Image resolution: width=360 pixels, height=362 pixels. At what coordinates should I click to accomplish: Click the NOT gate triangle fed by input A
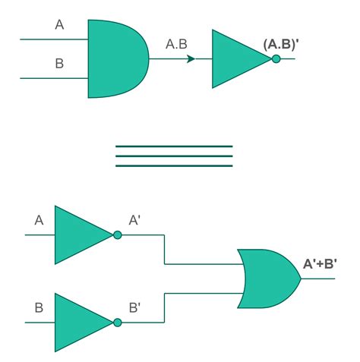click(x=80, y=235)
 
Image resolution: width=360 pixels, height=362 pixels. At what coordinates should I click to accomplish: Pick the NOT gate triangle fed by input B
click(x=80, y=323)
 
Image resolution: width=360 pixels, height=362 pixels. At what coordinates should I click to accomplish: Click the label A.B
click(x=176, y=45)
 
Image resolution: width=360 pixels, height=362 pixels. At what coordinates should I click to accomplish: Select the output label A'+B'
click(x=321, y=264)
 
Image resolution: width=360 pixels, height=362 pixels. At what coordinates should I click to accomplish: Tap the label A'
click(x=134, y=221)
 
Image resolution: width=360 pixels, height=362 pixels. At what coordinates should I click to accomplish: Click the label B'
click(x=134, y=309)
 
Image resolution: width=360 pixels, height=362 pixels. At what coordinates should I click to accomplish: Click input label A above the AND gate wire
click(x=60, y=25)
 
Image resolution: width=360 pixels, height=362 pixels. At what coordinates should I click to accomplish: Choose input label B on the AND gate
click(x=60, y=64)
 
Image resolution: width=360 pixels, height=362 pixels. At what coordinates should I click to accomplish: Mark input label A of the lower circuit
click(x=39, y=221)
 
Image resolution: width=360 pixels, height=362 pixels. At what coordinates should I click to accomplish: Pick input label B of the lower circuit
click(x=39, y=309)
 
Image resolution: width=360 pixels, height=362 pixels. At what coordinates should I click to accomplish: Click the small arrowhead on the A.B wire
click(x=191, y=58)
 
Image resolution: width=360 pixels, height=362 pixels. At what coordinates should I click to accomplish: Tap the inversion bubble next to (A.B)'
click(x=276, y=58)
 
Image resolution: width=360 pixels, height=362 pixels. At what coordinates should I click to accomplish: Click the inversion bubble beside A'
click(x=117, y=235)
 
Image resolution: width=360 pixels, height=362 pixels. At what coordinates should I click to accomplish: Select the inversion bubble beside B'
click(x=117, y=323)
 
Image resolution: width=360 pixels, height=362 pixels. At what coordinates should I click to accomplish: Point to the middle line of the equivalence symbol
click(x=174, y=156)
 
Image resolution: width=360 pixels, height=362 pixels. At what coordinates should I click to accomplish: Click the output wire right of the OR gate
click(x=319, y=278)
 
